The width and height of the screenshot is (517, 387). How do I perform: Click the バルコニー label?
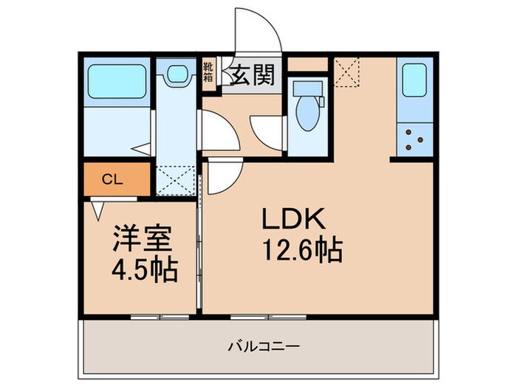(257, 345)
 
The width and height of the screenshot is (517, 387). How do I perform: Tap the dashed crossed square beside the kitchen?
(346, 71)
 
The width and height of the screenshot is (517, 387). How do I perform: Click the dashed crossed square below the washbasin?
(176, 179)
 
